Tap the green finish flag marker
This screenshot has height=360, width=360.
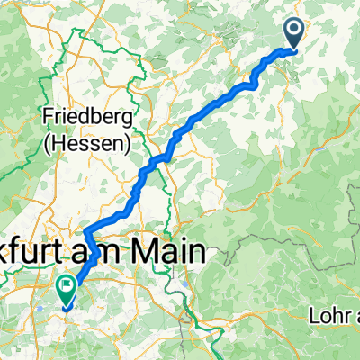[x=66, y=288]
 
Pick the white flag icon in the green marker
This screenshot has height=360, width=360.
[x=66, y=286]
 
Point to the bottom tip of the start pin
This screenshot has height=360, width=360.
[x=295, y=49]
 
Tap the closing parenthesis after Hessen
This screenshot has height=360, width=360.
[x=126, y=141]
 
